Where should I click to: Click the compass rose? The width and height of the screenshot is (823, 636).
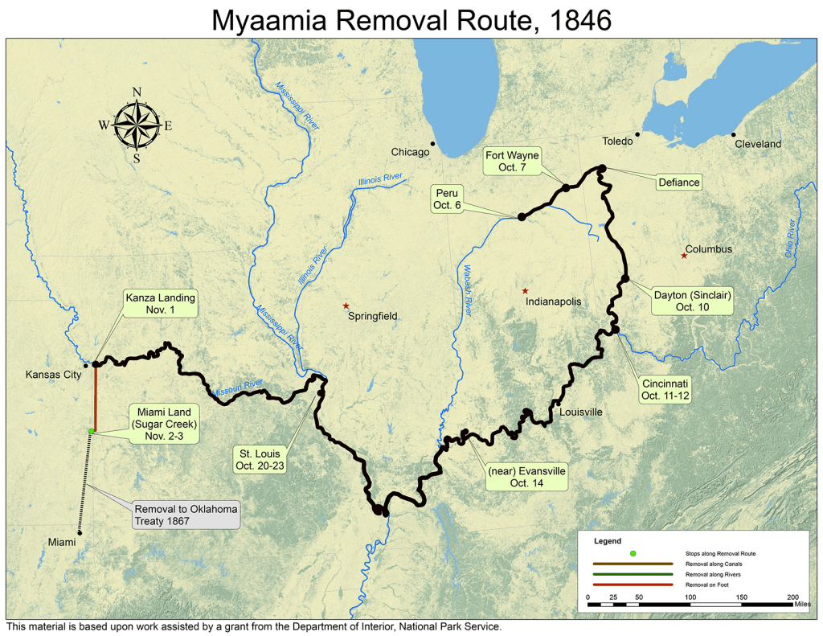(x=137, y=125)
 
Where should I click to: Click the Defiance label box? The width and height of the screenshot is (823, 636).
(x=679, y=183)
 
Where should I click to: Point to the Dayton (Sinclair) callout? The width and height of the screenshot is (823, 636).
(x=692, y=301)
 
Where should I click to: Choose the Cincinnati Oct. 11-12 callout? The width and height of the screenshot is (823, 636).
(x=665, y=390)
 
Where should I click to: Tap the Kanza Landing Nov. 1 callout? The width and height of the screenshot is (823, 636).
(x=160, y=304)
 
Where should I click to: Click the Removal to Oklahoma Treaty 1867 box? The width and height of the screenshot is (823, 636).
(x=186, y=515)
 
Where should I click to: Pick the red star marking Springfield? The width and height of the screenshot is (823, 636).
(x=346, y=306)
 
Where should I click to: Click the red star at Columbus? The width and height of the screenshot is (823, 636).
(x=684, y=256)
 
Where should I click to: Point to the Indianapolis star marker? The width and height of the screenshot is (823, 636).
(x=525, y=291)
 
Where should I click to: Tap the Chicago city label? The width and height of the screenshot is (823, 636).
(x=410, y=152)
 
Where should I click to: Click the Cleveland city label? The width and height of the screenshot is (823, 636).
(x=757, y=144)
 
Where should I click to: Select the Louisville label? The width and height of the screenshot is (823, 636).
(x=580, y=412)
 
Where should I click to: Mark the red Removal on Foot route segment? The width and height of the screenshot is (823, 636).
(x=95, y=398)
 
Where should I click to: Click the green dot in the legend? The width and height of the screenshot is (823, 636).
(x=633, y=554)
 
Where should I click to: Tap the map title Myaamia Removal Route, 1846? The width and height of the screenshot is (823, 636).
(x=411, y=20)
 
